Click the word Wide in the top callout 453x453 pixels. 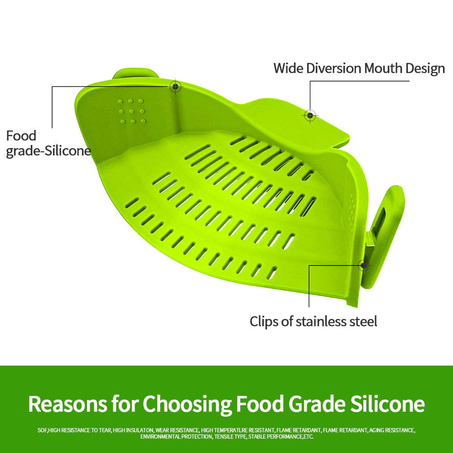(288, 68)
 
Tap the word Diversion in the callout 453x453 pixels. (334, 68)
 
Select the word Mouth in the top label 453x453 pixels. (383, 68)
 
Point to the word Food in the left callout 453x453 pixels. (21, 136)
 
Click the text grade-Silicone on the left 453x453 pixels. (48, 151)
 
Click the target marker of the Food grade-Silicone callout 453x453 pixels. (175, 86)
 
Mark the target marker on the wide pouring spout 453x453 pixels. (310, 116)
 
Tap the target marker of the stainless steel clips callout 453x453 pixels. (363, 265)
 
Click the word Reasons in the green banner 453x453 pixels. (67, 404)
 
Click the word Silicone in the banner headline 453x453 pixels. (387, 404)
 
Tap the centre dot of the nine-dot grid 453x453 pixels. (132, 111)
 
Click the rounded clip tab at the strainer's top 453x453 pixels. (135, 73)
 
